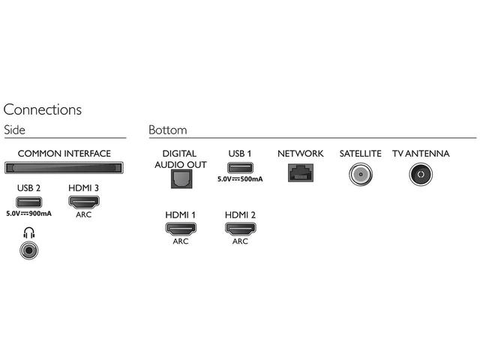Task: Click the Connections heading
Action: coord(43,109)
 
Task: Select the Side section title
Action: coord(14,130)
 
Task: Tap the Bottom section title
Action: coord(168,130)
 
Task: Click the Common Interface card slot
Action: coord(64,168)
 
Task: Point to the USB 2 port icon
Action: coord(28,202)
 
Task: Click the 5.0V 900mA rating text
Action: coord(28,214)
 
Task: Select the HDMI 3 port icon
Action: coord(84,202)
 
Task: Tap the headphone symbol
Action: coord(29,233)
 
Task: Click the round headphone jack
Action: coord(29,250)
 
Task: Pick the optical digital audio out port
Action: coord(181,179)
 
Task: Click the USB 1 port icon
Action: coord(240,168)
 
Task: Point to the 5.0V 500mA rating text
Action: coord(240,179)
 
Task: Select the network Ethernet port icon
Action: coord(301,172)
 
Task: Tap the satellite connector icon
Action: coord(361,174)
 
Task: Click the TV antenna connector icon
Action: coord(421,174)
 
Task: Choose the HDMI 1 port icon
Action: coord(181,229)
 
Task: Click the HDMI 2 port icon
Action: coord(240,229)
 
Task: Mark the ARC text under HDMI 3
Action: coord(84,214)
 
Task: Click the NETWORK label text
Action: coord(301,154)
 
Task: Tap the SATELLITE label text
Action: coord(361,154)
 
